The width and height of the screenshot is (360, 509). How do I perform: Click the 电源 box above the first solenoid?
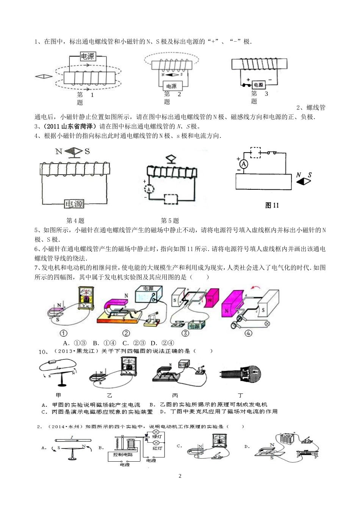pyautogui.click(x=88, y=57)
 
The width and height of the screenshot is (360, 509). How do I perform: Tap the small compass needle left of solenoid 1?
pyautogui.click(x=44, y=77)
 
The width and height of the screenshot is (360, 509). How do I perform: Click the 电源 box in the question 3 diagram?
pyautogui.click(x=258, y=85)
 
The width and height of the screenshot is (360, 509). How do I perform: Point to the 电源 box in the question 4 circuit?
pyautogui.click(x=74, y=204)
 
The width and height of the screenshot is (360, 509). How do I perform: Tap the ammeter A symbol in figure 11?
pyautogui.click(x=244, y=164)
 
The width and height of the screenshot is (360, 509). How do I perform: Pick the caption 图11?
pyautogui.click(x=272, y=206)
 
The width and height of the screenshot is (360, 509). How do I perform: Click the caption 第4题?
pyautogui.click(x=75, y=220)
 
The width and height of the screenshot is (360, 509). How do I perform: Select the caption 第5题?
pyautogui.click(x=170, y=220)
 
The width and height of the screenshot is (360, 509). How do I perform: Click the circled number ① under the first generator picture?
pyautogui.click(x=64, y=333)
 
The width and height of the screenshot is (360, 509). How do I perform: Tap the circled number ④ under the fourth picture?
pyautogui.click(x=249, y=333)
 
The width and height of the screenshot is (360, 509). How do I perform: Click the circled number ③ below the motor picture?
pyautogui.click(x=185, y=333)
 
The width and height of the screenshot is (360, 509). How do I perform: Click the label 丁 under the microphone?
pyautogui.click(x=240, y=395)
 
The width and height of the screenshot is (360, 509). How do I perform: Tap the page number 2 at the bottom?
pyautogui.click(x=180, y=476)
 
